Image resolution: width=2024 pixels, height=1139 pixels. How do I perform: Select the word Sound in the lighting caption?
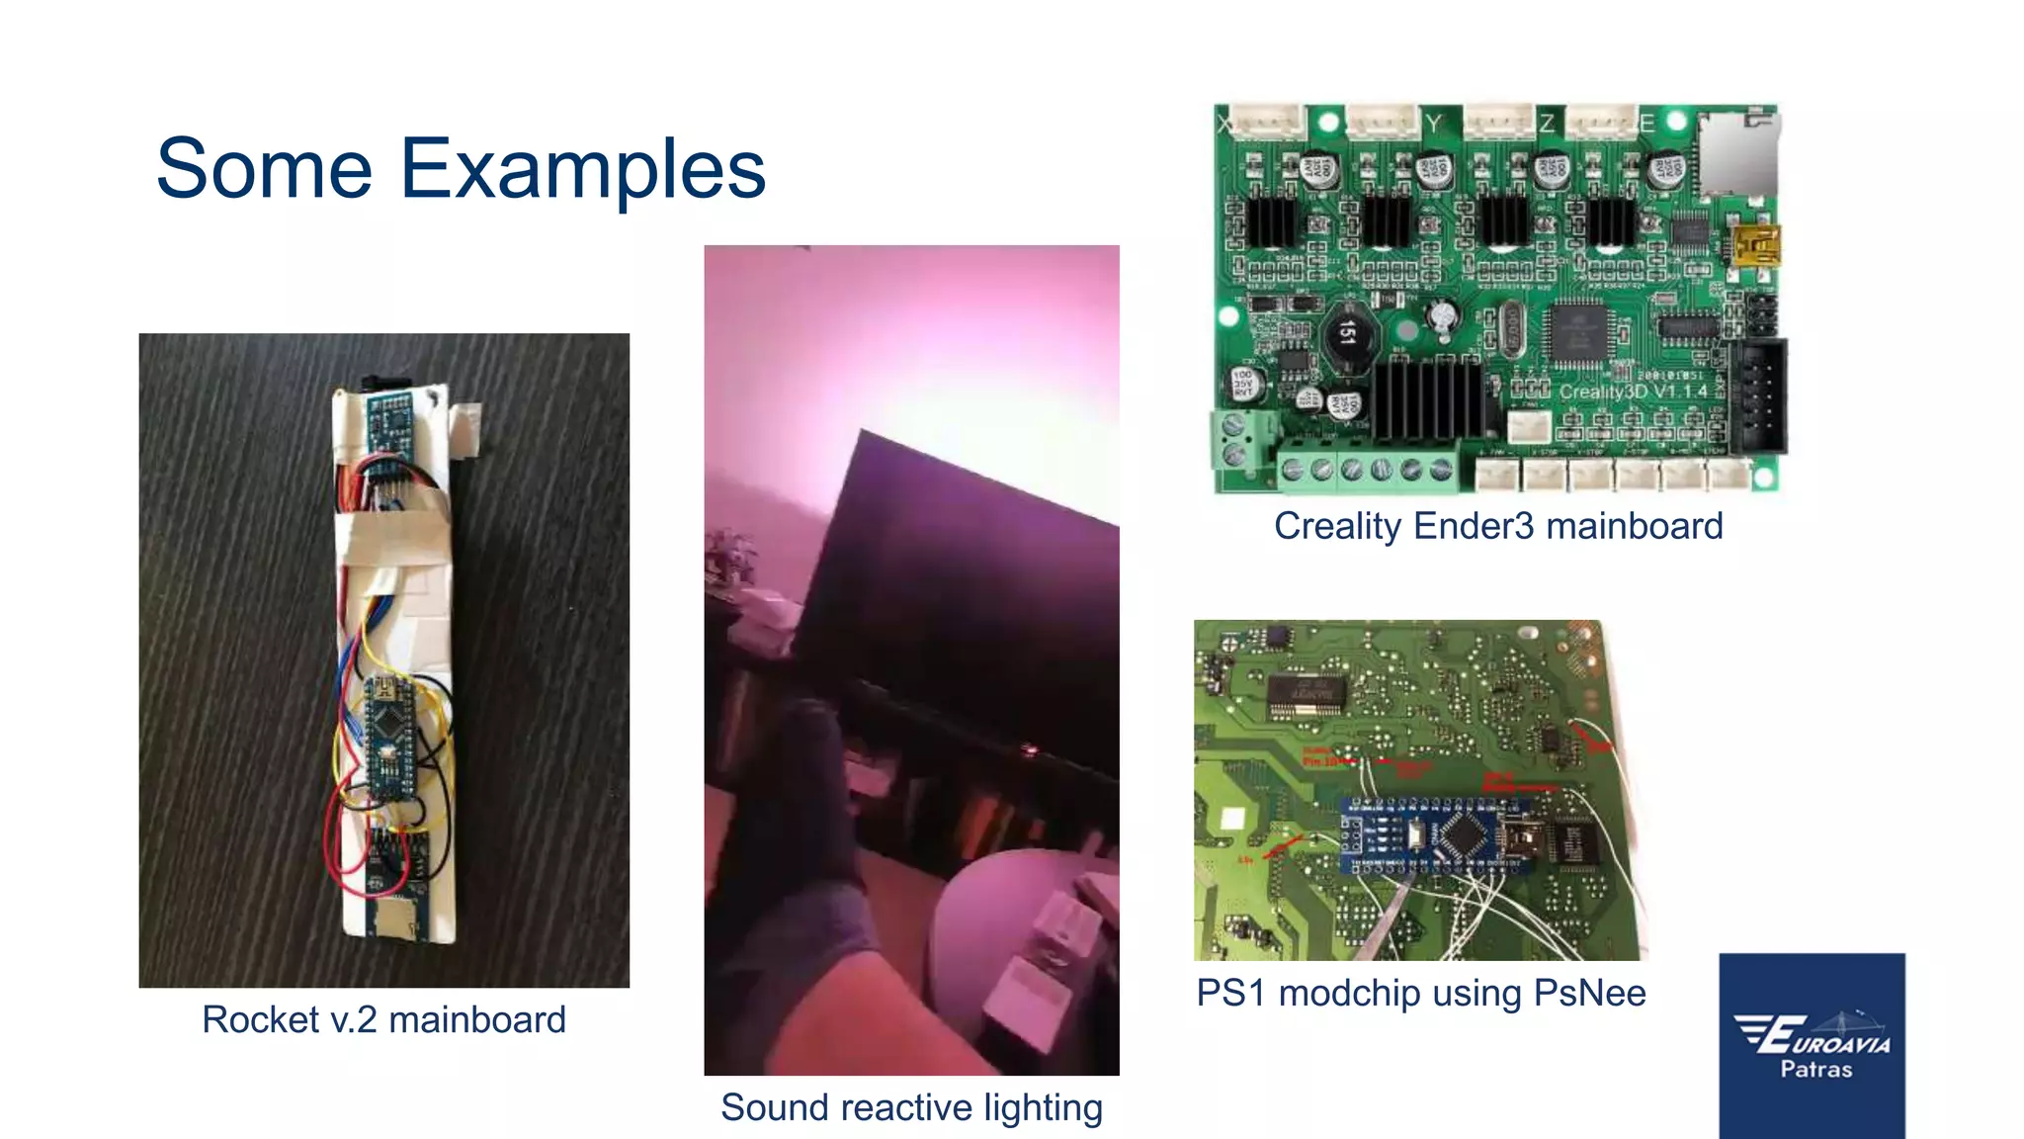775,1107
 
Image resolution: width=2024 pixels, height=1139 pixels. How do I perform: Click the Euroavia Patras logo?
1812,1045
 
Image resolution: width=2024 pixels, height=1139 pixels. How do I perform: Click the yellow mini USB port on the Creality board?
1756,244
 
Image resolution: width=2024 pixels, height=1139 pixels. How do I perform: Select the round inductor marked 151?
1345,334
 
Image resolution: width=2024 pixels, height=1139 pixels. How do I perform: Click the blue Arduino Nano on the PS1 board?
1439,836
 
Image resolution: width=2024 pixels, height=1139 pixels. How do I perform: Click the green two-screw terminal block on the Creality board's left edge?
1235,440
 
